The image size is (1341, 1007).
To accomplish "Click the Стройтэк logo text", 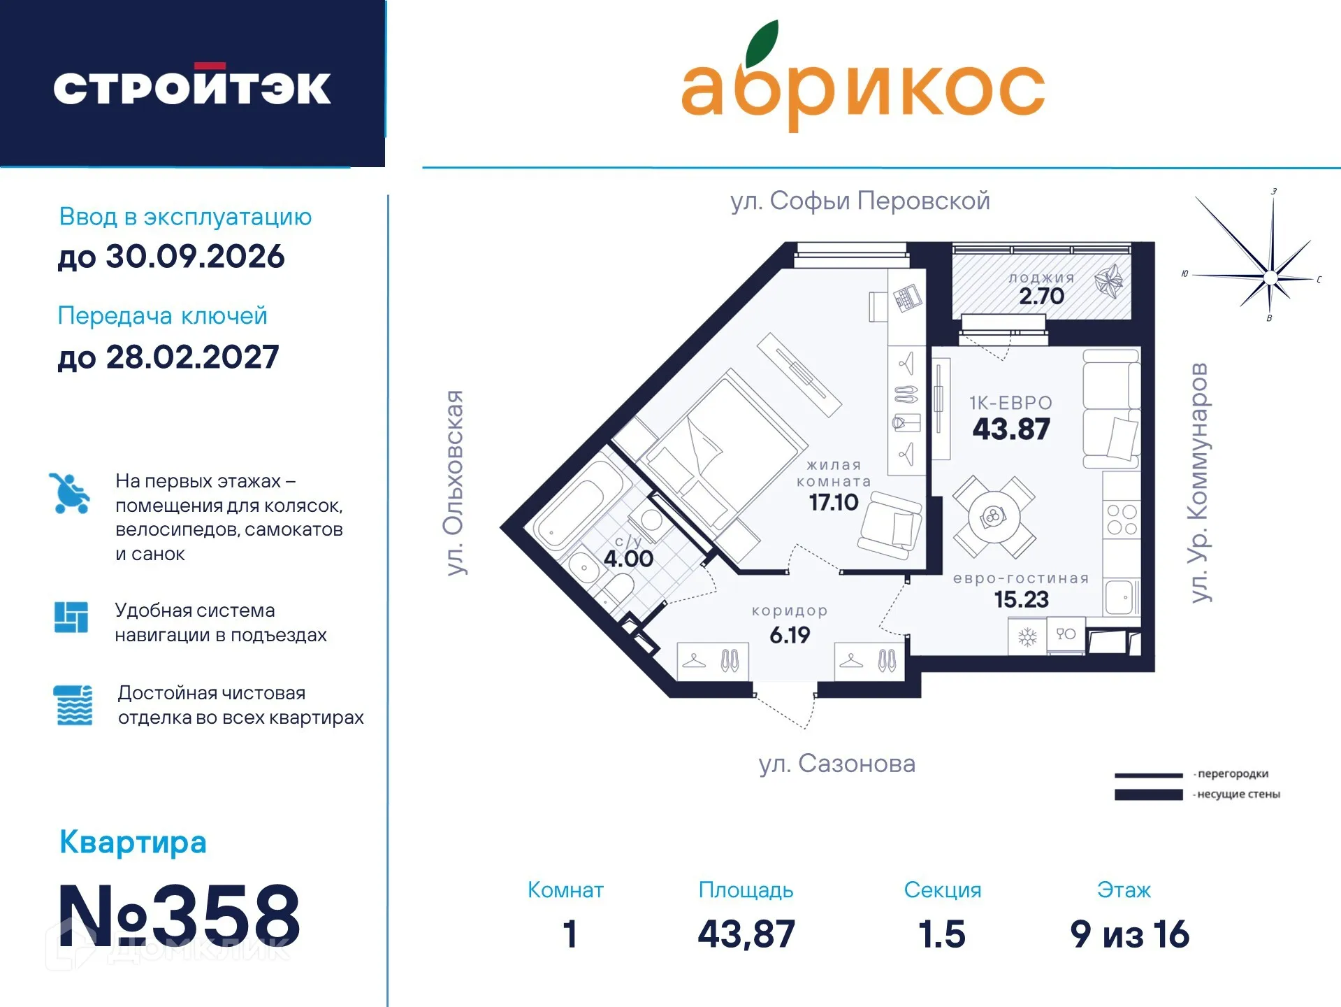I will pyautogui.click(x=192, y=87).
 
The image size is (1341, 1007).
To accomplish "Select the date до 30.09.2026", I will pyautogui.click(x=171, y=257).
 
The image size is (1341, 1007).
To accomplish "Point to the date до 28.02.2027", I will pyautogui.click(x=168, y=357).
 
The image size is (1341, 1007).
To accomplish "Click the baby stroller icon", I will pyautogui.click(x=70, y=494).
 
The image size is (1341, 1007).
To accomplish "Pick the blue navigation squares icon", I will pyautogui.click(x=71, y=617).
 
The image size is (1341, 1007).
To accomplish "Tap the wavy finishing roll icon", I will pyautogui.click(x=73, y=705).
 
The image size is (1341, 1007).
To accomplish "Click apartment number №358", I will pyautogui.click(x=179, y=915).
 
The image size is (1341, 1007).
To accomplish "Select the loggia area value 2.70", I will pyautogui.click(x=1041, y=297).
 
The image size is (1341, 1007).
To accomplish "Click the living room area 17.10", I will pyautogui.click(x=833, y=502).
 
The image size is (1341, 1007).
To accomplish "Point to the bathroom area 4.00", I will pyautogui.click(x=628, y=559).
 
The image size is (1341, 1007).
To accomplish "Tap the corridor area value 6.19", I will pyautogui.click(x=790, y=635).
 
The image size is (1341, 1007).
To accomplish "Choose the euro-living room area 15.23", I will pyautogui.click(x=1021, y=599).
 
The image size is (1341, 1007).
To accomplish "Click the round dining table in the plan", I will pyautogui.click(x=993, y=517).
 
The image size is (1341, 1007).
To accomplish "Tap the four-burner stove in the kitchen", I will pyautogui.click(x=1122, y=520).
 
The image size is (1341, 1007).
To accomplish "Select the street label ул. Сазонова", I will pyautogui.click(x=837, y=764).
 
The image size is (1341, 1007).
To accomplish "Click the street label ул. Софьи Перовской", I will pyautogui.click(x=860, y=201).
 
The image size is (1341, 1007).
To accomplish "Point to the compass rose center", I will pyautogui.click(x=1270, y=278).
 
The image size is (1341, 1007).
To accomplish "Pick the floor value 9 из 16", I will pyautogui.click(x=1129, y=934).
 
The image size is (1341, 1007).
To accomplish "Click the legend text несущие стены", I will pyautogui.click(x=1238, y=794).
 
